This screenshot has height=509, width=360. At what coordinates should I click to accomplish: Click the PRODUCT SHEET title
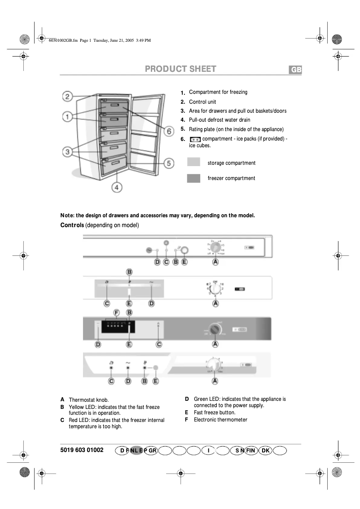pyautogui.click(x=180, y=69)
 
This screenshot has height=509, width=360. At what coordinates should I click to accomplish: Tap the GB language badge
pyautogui.click(x=295, y=70)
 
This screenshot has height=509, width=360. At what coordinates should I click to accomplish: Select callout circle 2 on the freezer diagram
pyautogui.click(x=67, y=97)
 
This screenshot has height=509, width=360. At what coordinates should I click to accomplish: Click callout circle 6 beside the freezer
pyautogui.click(x=168, y=132)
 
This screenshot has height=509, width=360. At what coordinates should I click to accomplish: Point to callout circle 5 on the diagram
pyautogui.click(x=168, y=164)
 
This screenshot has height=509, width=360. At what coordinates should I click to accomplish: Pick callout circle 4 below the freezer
pyautogui.click(x=117, y=187)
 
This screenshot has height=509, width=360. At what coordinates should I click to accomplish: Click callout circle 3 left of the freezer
pyautogui.click(x=67, y=152)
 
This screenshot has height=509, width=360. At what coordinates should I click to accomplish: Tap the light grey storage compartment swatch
pyautogui.click(x=193, y=162)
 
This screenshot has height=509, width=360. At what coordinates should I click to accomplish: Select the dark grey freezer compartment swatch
pyautogui.click(x=193, y=178)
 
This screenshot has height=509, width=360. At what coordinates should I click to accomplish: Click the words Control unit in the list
pyautogui.click(x=202, y=102)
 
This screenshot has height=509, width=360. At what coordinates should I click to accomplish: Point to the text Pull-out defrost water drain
pyautogui.click(x=220, y=120)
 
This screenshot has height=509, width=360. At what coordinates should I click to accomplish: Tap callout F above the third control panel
pyautogui.click(x=117, y=312)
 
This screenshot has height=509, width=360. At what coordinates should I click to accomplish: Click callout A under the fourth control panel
pyautogui.click(x=215, y=381)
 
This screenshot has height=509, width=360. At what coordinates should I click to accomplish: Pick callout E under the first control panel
pyautogui.click(x=184, y=262)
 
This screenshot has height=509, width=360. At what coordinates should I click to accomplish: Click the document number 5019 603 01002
pyautogui.click(x=82, y=450)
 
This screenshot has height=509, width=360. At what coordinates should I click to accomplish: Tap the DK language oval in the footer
pyautogui.click(x=265, y=450)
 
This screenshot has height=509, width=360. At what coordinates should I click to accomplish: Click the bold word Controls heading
pyautogui.click(x=72, y=224)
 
